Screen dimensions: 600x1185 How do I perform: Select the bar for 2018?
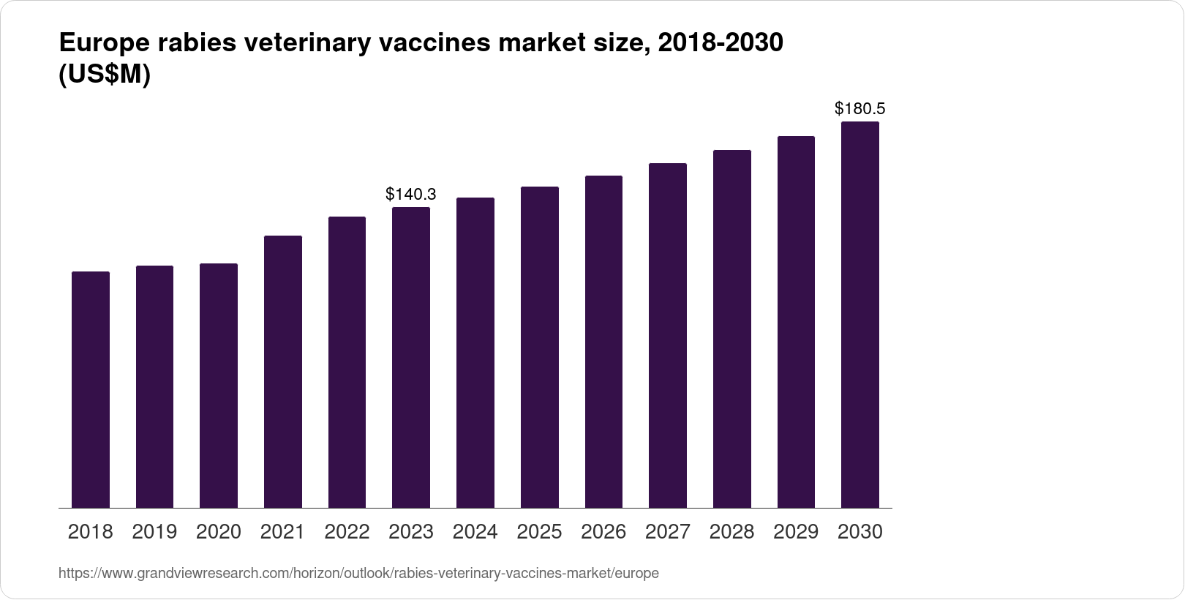point(91,389)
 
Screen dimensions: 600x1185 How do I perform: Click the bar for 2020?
point(219,386)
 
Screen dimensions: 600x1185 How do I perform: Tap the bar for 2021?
point(283,372)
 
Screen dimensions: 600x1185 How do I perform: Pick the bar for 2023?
point(411,358)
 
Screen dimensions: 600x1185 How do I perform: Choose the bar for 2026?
point(603,342)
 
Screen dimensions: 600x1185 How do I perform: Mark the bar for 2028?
point(731,329)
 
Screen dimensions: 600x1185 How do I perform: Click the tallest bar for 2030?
point(860,315)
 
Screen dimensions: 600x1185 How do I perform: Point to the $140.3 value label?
point(411,194)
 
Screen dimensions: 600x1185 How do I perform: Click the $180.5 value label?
point(860,109)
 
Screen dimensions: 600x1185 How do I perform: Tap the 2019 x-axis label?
point(154,532)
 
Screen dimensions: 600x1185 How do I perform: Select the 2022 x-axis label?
point(347,532)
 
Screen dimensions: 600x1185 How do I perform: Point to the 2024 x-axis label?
point(475,532)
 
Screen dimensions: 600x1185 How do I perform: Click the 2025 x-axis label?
point(539,532)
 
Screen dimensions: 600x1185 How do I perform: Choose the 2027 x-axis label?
point(668,532)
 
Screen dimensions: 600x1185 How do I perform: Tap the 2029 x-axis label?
point(796,532)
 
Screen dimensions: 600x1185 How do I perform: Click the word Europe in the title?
point(102,43)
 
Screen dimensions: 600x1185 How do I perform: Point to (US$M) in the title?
point(104,75)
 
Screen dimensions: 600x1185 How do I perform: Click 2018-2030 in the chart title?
point(721,43)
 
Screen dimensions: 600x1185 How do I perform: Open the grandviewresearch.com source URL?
point(358,574)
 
